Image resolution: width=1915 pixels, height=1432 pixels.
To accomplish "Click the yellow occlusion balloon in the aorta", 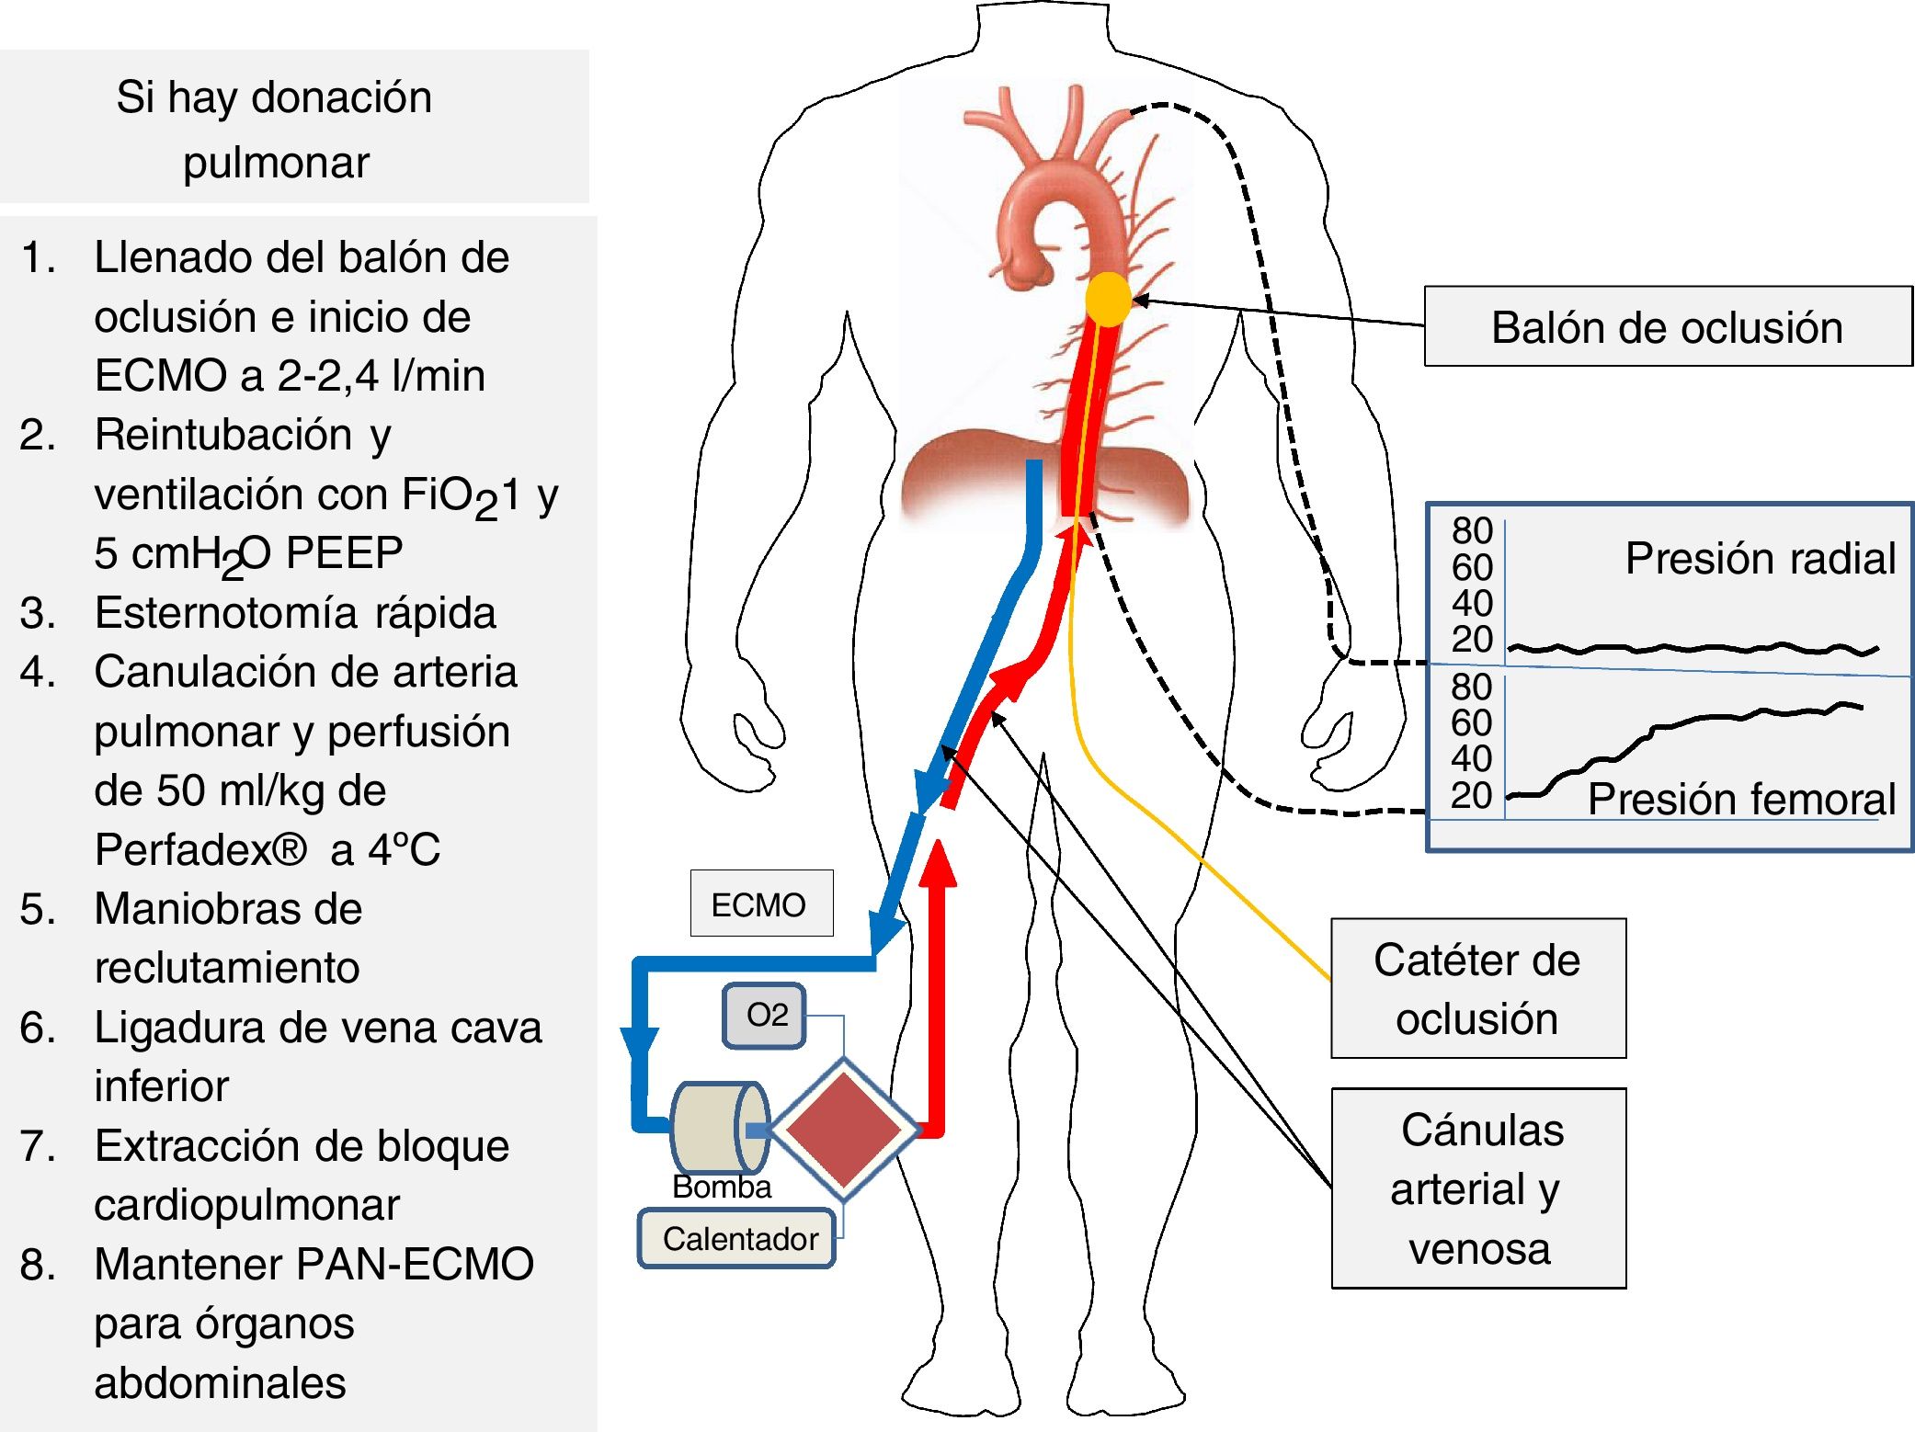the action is [x=1108, y=299].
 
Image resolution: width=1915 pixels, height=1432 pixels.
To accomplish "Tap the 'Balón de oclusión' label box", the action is [x=1667, y=327].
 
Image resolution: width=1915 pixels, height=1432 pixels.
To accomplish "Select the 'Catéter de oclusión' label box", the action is [x=1477, y=989].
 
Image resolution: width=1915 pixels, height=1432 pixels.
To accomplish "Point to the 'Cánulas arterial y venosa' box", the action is [x=1478, y=1188].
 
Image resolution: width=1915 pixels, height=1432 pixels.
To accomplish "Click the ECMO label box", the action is [x=761, y=904].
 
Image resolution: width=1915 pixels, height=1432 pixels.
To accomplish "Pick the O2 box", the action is [x=765, y=1016].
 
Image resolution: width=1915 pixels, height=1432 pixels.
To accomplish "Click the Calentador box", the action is [x=737, y=1238].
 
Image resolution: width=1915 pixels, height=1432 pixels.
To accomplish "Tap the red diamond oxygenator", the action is [x=844, y=1129].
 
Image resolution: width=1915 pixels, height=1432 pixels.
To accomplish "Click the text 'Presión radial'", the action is [x=1760, y=558].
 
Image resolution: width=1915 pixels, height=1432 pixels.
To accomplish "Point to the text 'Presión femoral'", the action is [x=1741, y=799].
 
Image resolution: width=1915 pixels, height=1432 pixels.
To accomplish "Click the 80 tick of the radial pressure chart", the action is [x=1472, y=531].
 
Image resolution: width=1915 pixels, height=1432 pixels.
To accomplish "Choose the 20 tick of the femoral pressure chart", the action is [x=1471, y=795].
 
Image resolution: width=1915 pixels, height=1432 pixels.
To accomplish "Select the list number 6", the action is [x=35, y=1028].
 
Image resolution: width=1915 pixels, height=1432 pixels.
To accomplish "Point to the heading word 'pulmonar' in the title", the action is [x=276, y=163].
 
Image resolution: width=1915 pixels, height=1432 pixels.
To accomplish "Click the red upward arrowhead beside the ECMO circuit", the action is [x=938, y=864].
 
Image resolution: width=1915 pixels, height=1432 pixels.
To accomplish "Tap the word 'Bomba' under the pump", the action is [x=722, y=1187].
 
